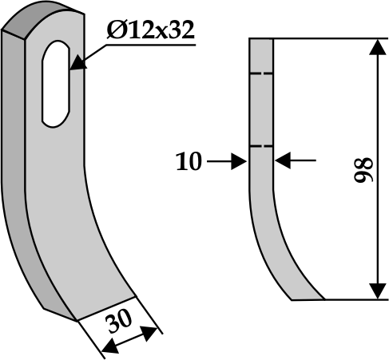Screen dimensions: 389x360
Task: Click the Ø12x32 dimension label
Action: [x=150, y=30]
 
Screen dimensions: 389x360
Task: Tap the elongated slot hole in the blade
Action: [x=56, y=84]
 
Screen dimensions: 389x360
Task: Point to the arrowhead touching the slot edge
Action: [x=78, y=63]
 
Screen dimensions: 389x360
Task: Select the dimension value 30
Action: [x=120, y=321]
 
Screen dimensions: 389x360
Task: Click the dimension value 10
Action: [x=189, y=161]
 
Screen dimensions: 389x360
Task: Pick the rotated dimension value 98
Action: [x=363, y=170]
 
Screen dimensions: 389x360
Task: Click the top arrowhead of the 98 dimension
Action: [x=378, y=47]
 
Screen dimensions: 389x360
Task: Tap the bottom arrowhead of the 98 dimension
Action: [x=378, y=291]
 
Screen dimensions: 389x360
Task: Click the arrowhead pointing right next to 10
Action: [x=239, y=161]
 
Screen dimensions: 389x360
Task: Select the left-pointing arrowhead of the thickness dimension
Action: [x=283, y=160]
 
